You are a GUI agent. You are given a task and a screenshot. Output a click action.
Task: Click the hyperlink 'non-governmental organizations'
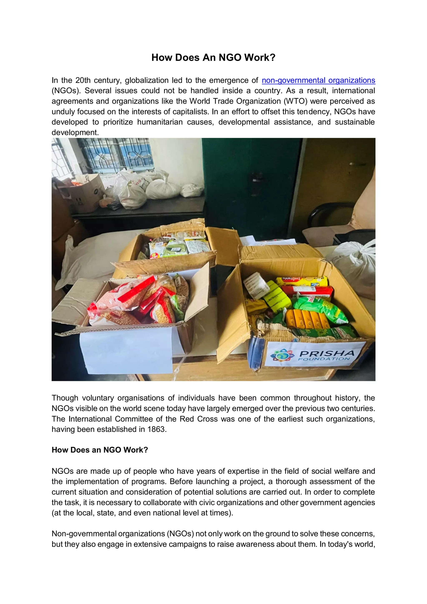pyautogui.click(x=318, y=80)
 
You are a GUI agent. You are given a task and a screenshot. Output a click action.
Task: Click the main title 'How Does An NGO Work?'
pyautogui.click(x=213, y=58)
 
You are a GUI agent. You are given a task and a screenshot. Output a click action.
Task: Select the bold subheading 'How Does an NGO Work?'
pyautogui.click(x=100, y=450)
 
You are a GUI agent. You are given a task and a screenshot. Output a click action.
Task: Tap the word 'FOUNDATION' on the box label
pyautogui.click(x=324, y=359)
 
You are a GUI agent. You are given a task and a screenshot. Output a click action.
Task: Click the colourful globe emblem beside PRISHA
pyautogui.click(x=282, y=356)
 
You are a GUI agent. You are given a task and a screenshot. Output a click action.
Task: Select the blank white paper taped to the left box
pyautogui.click(x=126, y=350)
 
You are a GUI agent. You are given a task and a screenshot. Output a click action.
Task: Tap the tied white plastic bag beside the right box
pyautogui.click(x=355, y=266)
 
